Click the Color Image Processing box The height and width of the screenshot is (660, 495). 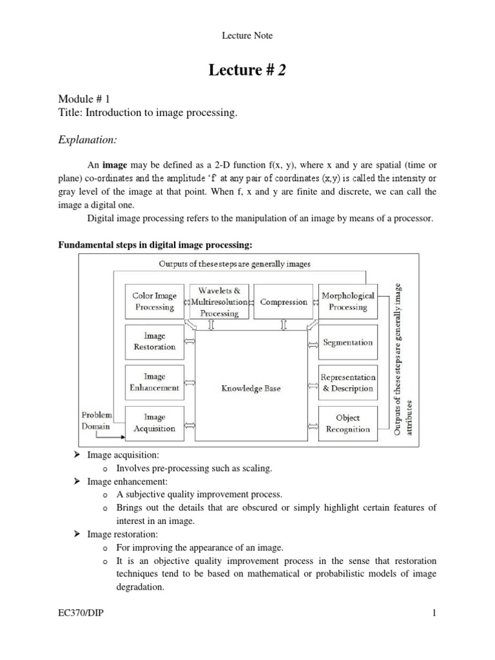154,302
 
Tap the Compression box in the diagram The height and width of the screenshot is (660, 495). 284,302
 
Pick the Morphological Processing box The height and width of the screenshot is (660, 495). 348,302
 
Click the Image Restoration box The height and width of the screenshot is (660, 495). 154,342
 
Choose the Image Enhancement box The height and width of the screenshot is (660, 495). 154,382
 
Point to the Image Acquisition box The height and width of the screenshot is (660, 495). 154,423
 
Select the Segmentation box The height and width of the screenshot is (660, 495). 348,342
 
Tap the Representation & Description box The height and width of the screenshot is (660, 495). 348,383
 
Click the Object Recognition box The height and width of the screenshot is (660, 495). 348,423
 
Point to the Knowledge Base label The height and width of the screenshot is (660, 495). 251,389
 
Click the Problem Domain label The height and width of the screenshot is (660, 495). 97,420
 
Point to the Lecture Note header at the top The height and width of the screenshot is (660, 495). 247,36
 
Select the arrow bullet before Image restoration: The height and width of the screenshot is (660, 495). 77,534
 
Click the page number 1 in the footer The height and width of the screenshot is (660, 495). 435,631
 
